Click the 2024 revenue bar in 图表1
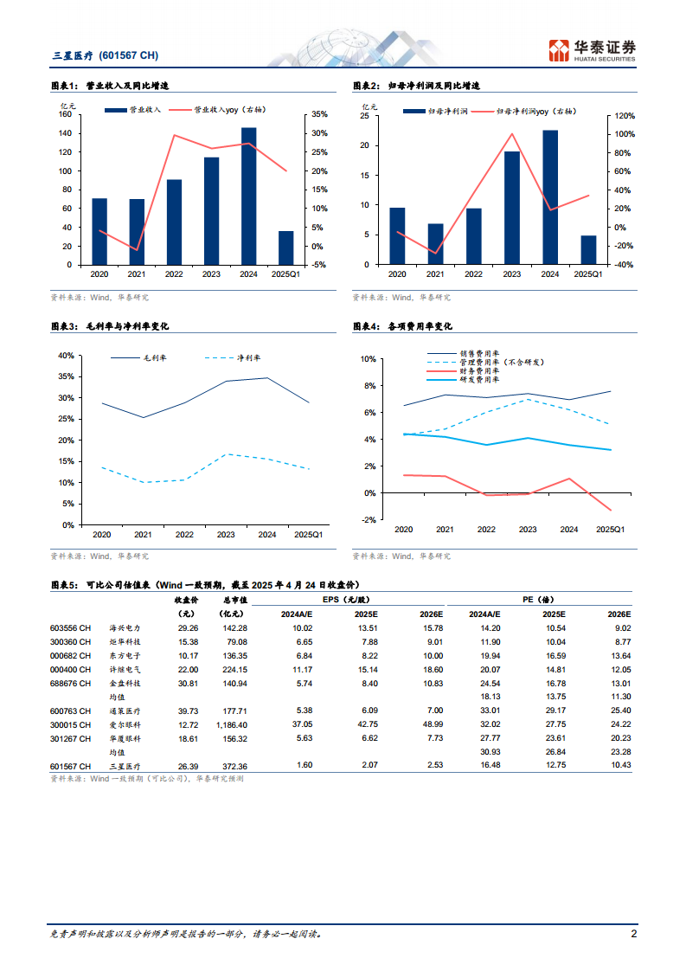click(248, 196)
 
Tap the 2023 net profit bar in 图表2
click(512, 208)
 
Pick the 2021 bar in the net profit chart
click(435, 244)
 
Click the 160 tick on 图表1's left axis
click(65, 114)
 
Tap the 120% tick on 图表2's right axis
click(625, 115)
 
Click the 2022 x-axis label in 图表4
click(486, 530)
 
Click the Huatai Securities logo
click(592, 50)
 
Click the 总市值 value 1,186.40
click(229, 723)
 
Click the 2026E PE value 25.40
click(618, 711)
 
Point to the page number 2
click(634, 935)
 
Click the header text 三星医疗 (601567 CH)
click(105, 55)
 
